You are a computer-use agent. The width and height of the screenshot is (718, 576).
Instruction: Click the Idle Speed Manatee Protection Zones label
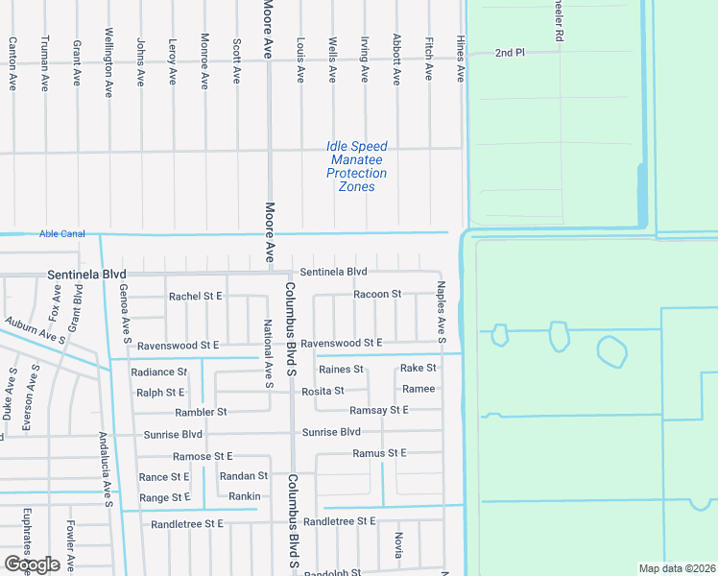(x=356, y=167)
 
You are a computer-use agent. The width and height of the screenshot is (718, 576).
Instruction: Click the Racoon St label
(x=377, y=294)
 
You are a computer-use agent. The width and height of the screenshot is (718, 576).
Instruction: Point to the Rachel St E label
(x=195, y=297)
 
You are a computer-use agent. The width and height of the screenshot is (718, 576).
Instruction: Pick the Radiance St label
(x=159, y=372)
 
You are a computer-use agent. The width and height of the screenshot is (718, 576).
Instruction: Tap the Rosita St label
(x=323, y=391)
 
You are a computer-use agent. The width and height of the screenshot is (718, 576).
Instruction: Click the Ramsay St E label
(x=379, y=410)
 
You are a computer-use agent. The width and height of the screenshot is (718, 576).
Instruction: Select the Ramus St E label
(x=379, y=453)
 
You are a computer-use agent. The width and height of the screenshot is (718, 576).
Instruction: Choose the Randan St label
(x=243, y=476)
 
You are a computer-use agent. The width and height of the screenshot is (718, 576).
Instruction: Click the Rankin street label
(x=245, y=496)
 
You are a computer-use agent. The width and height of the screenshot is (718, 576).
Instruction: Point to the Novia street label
(x=398, y=545)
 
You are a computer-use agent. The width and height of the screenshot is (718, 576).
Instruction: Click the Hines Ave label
(x=461, y=60)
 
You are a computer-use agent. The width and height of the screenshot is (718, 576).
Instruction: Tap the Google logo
(x=32, y=564)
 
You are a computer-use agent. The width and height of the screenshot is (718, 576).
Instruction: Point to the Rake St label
(x=419, y=368)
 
